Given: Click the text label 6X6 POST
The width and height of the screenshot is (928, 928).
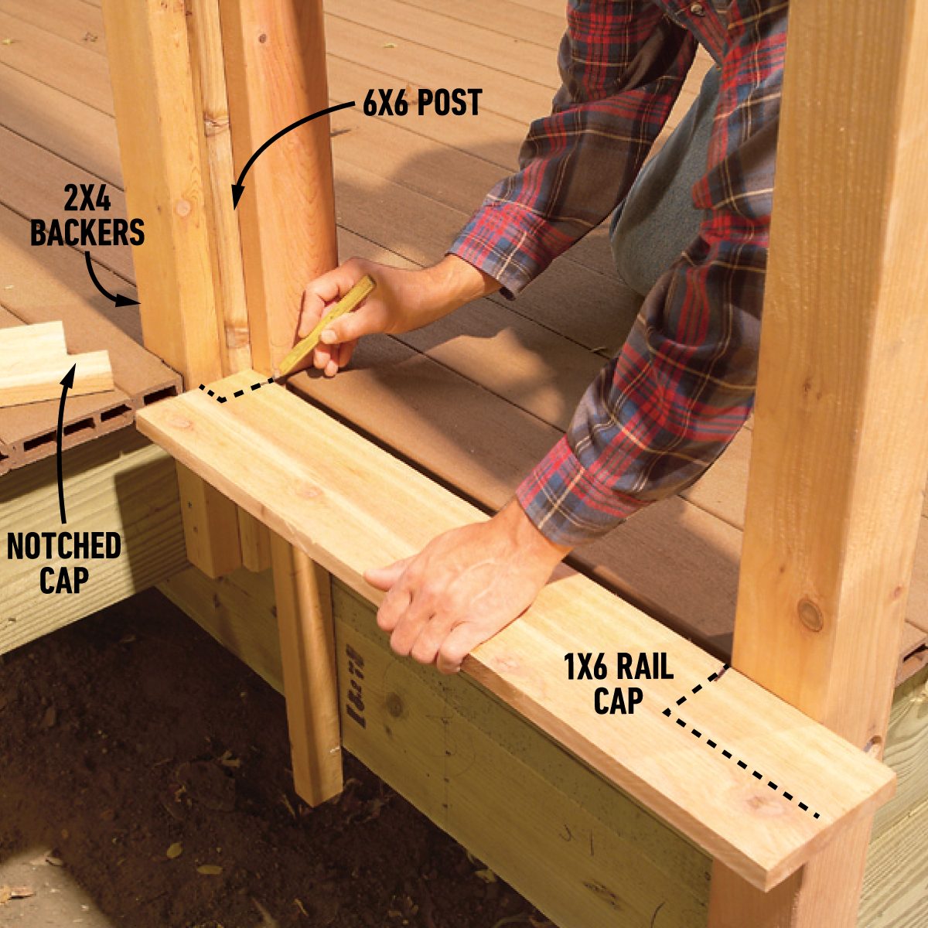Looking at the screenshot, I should coord(421,103).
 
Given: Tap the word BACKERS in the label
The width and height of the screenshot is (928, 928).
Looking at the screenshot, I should coord(87,232).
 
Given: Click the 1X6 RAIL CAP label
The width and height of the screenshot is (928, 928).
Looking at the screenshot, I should coord(619,684).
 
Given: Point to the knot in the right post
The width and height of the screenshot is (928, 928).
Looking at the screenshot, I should coord(810,615).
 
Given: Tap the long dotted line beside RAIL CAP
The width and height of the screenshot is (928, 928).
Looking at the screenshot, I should coord(742,766).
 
